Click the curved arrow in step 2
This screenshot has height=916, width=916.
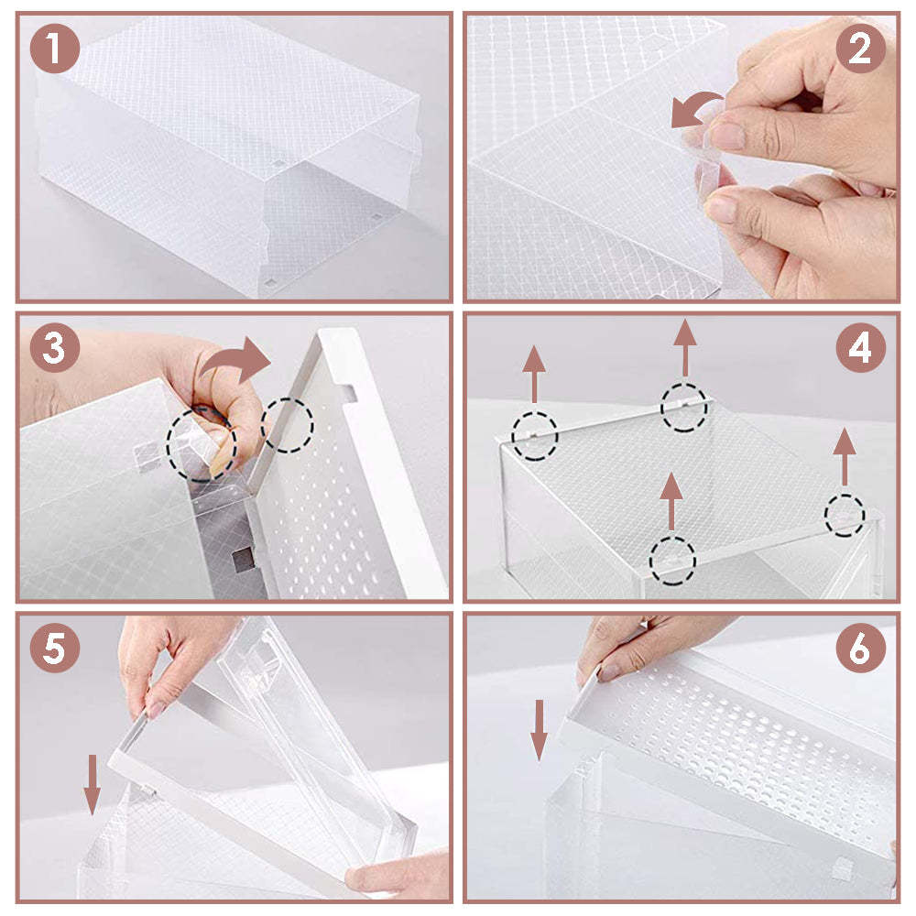694,112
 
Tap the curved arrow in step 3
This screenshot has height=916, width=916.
236,361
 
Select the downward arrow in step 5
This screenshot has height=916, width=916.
92,783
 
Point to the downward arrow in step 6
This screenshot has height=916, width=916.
540,729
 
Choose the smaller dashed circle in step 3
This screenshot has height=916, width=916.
287,424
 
